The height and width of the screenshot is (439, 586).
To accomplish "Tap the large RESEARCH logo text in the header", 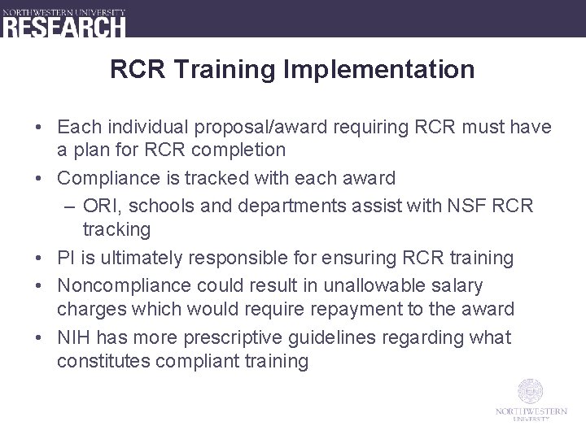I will (64, 26).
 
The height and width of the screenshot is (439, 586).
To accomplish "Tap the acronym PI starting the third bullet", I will (66, 258).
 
